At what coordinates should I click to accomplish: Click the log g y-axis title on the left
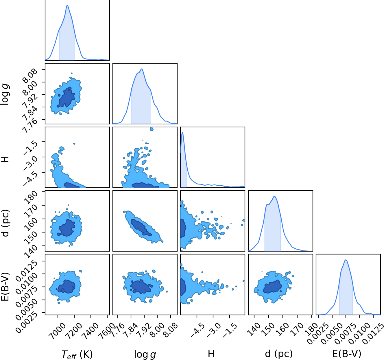(x=5, y=94)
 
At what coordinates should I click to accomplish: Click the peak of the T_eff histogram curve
(x=67, y=5)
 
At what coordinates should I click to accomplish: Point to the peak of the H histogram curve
(x=182, y=132)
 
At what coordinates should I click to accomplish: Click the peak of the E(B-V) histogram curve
(x=346, y=260)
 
